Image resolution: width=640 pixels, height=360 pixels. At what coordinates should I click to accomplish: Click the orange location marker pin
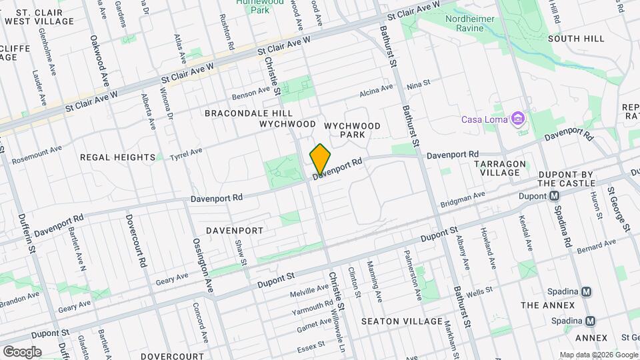click(x=320, y=159)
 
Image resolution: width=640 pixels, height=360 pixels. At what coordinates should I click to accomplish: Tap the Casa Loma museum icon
click(x=517, y=120)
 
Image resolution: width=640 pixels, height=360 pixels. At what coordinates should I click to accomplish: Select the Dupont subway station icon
click(x=553, y=196)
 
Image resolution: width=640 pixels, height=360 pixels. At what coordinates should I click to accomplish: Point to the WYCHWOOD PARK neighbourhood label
click(x=352, y=130)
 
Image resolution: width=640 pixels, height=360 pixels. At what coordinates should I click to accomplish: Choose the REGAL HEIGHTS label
click(x=117, y=157)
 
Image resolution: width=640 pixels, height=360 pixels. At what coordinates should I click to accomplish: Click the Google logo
click(x=22, y=351)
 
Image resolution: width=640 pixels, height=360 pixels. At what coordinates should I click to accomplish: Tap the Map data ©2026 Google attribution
click(x=598, y=355)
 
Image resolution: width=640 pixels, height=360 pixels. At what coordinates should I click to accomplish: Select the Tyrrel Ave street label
click(x=185, y=155)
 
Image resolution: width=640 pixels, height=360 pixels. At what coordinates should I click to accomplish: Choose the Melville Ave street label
click(x=310, y=291)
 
